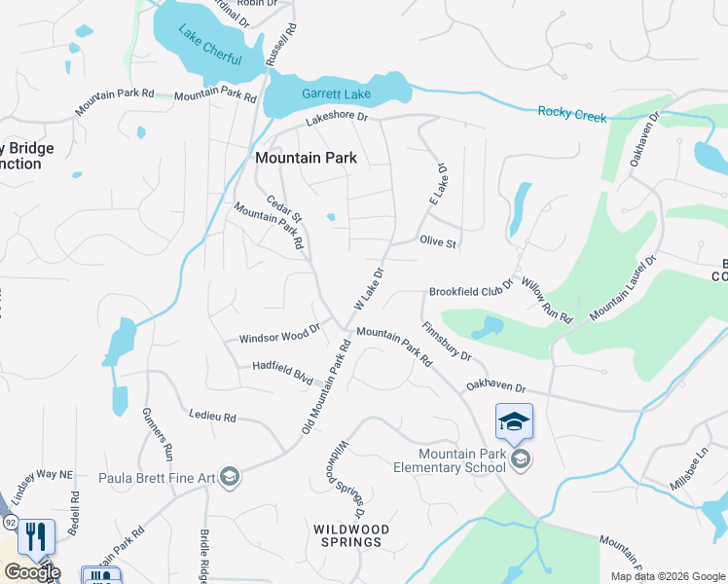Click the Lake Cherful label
[x=209, y=46]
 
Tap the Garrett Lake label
[x=336, y=94]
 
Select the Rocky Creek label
[x=572, y=115]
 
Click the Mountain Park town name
[x=306, y=157]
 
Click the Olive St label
[x=438, y=241]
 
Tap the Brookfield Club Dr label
[x=471, y=291]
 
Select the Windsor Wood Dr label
[x=279, y=335]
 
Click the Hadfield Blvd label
[x=282, y=373]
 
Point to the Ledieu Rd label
[x=213, y=418]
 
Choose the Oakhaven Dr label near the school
[x=495, y=386]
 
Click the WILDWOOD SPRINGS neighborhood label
[x=351, y=535]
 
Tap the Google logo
[x=32, y=572]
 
